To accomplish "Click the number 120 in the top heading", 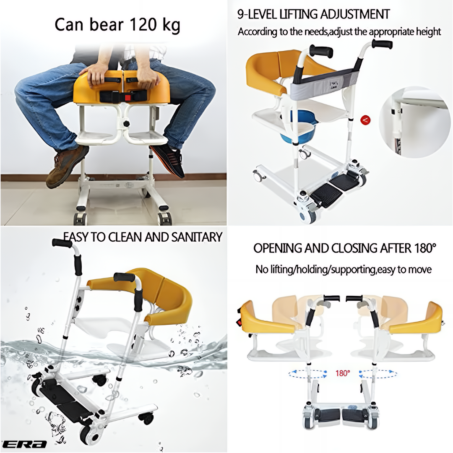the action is pos(143,24).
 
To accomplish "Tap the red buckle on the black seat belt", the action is pos(128,96).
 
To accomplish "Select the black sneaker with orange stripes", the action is pos(167,160).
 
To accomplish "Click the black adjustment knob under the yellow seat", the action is pos(126,124).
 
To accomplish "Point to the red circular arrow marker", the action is pos(365,120).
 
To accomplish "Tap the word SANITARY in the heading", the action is pos(196,237).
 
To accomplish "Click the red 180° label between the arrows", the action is pos(343,373).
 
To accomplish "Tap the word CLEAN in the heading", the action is pos(126,237).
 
